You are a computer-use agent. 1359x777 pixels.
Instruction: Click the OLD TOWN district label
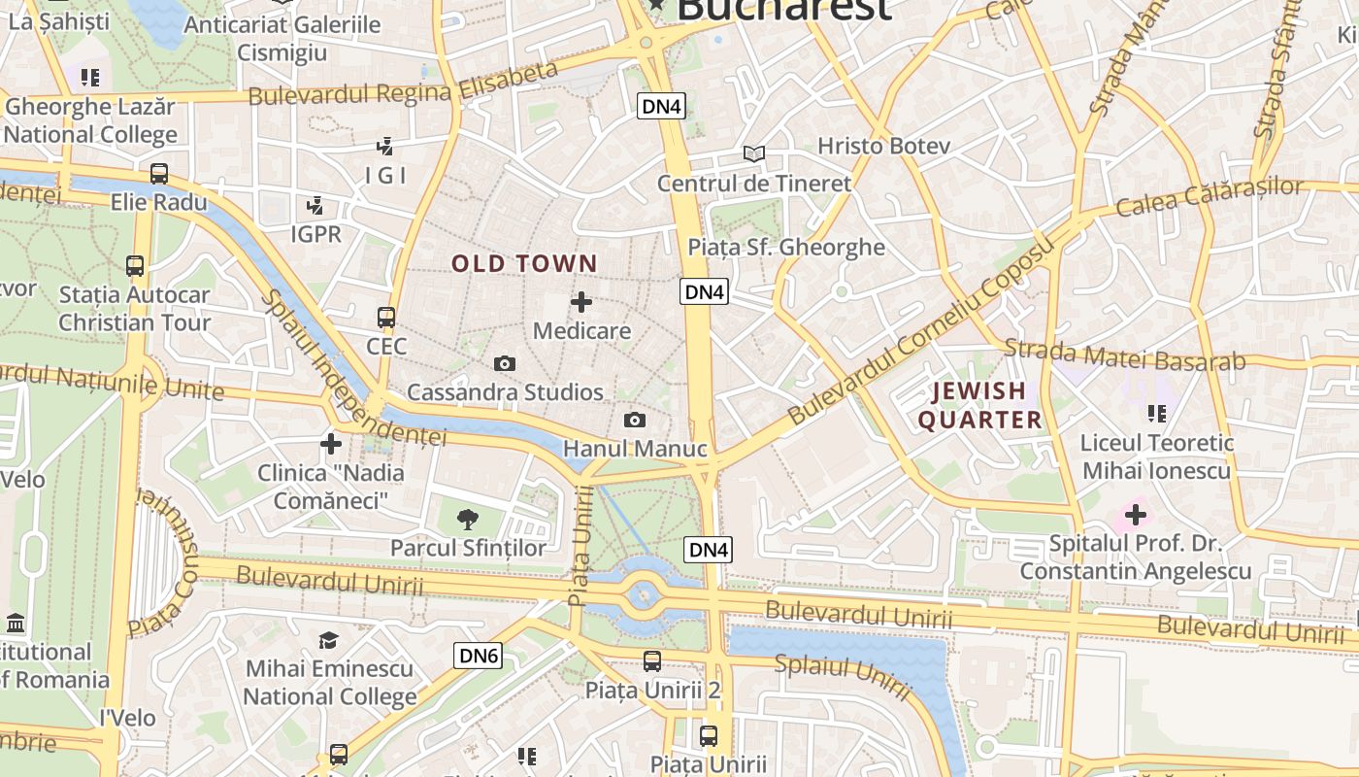click(x=524, y=263)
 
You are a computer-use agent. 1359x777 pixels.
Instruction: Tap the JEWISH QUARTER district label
click(x=979, y=405)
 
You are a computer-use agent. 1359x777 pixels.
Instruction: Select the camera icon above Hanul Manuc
click(x=634, y=420)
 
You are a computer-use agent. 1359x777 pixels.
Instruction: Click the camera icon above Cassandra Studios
click(x=505, y=363)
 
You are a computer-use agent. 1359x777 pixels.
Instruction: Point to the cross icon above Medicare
click(x=581, y=302)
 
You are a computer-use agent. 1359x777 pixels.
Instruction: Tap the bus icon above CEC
click(x=386, y=317)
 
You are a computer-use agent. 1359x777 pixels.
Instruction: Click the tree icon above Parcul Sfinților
click(x=468, y=519)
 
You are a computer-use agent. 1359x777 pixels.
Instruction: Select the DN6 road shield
click(x=478, y=656)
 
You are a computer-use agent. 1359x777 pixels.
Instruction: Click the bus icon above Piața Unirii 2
click(x=652, y=661)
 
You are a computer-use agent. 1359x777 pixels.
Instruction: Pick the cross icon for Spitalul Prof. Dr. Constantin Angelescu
click(x=1135, y=514)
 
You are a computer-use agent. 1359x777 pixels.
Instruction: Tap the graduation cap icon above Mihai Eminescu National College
click(x=329, y=640)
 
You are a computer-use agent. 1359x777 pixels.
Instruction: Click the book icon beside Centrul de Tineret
click(x=754, y=153)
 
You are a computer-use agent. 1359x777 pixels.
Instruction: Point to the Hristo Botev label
click(x=883, y=146)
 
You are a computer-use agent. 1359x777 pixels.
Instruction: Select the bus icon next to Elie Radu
click(x=159, y=174)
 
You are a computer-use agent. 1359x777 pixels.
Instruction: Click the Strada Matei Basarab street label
click(x=1124, y=355)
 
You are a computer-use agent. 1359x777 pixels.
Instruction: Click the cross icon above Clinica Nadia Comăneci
click(x=331, y=444)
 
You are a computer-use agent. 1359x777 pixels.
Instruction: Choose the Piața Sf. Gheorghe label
click(x=786, y=247)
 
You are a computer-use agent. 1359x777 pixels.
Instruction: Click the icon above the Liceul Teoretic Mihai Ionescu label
click(x=1156, y=414)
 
